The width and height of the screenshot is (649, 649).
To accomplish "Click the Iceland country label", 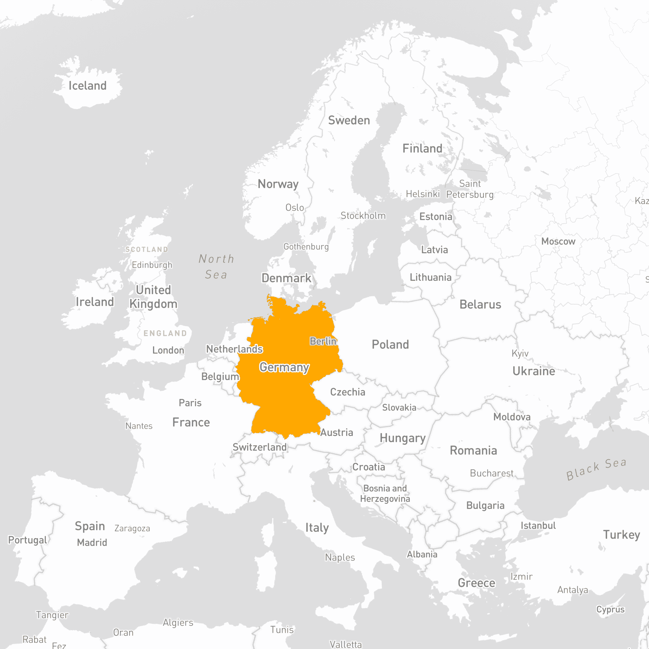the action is coord(87,86).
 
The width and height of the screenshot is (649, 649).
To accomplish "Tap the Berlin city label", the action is coord(323,341).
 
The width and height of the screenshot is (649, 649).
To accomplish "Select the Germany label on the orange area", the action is coord(284,368).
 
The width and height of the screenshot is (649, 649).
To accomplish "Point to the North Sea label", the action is coord(216,267).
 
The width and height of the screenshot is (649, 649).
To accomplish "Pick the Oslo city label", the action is coord(294,208).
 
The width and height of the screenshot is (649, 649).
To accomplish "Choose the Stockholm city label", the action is coord(363,216).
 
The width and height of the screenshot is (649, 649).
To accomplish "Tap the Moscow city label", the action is coord(558,241).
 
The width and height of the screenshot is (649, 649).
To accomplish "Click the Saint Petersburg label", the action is coord(470,189).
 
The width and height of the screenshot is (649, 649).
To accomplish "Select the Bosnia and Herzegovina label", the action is coord(385,493).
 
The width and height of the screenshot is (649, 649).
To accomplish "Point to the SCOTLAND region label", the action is coord(146,249).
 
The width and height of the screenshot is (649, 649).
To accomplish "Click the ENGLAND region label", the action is coord(165,333).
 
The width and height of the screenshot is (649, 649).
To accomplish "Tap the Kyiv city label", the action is coord(520,353).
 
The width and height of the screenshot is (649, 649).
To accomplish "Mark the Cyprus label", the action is coord(610,609).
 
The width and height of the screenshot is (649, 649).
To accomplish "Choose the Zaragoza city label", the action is coord(132,528).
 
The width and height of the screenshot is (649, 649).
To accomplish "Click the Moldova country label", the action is coord(512,417).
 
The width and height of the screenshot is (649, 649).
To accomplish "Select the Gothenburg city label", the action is coord(306,247).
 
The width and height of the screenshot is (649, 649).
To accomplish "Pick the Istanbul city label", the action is coord(538,526).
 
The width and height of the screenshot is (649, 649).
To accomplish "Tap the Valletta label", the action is coord(346,644).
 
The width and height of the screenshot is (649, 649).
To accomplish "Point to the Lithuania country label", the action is coord(430,277).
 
